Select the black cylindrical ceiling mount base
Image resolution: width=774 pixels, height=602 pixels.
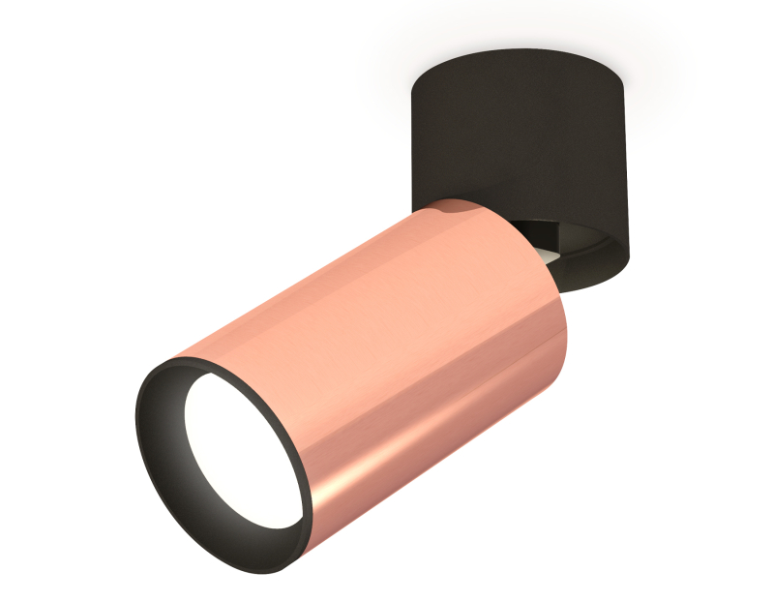tap(522, 135)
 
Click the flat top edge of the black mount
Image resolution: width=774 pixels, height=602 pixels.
tap(522, 53)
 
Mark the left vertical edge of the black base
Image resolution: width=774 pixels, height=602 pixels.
tap(413, 135)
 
